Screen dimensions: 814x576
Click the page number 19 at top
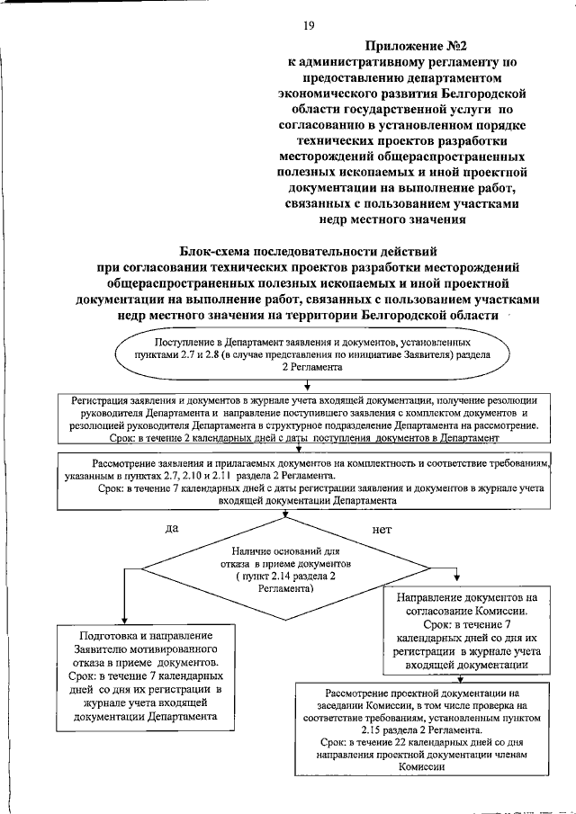click(308, 25)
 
